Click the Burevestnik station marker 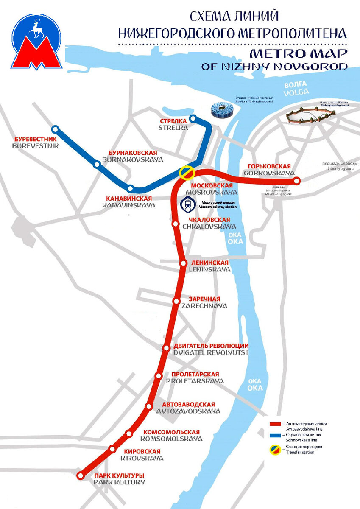tap(55, 129)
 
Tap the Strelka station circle tap(193, 118)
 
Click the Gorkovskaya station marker tap(297, 181)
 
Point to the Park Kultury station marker tap(81, 476)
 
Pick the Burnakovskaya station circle tap(98, 164)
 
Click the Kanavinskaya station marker tap(131, 188)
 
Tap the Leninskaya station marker tap(184, 263)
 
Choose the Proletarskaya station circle tap(159, 376)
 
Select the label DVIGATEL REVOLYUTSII tap(211, 352)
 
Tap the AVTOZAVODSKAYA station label tap(188, 411)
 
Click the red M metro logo tap(36, 53)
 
